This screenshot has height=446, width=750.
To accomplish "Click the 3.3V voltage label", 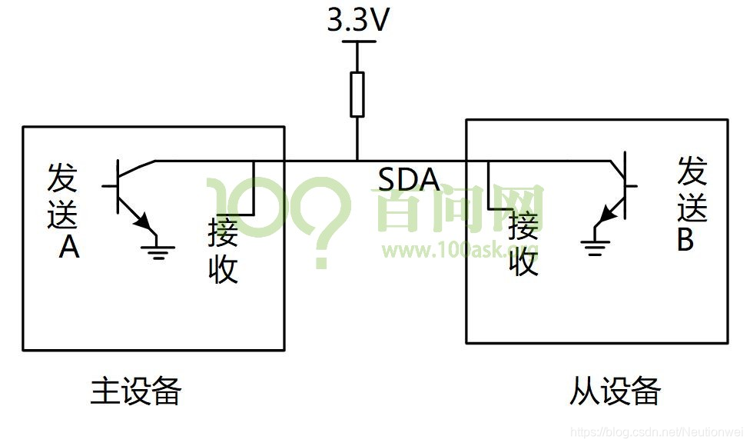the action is [357, 21].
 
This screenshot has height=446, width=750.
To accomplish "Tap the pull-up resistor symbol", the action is [357, 94].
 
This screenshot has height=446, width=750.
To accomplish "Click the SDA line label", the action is [409, 179].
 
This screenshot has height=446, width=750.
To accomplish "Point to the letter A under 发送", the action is [69, 248].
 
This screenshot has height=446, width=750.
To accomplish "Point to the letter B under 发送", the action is [685, 239].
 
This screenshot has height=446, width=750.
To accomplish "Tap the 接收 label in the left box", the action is [223, 251].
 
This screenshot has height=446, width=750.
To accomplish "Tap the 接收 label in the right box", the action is [523, 244].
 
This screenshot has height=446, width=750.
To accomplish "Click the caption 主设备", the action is [135, 391].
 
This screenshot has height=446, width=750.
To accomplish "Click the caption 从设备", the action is [615, 391].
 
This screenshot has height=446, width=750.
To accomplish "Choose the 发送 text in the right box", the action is [692, 189].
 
